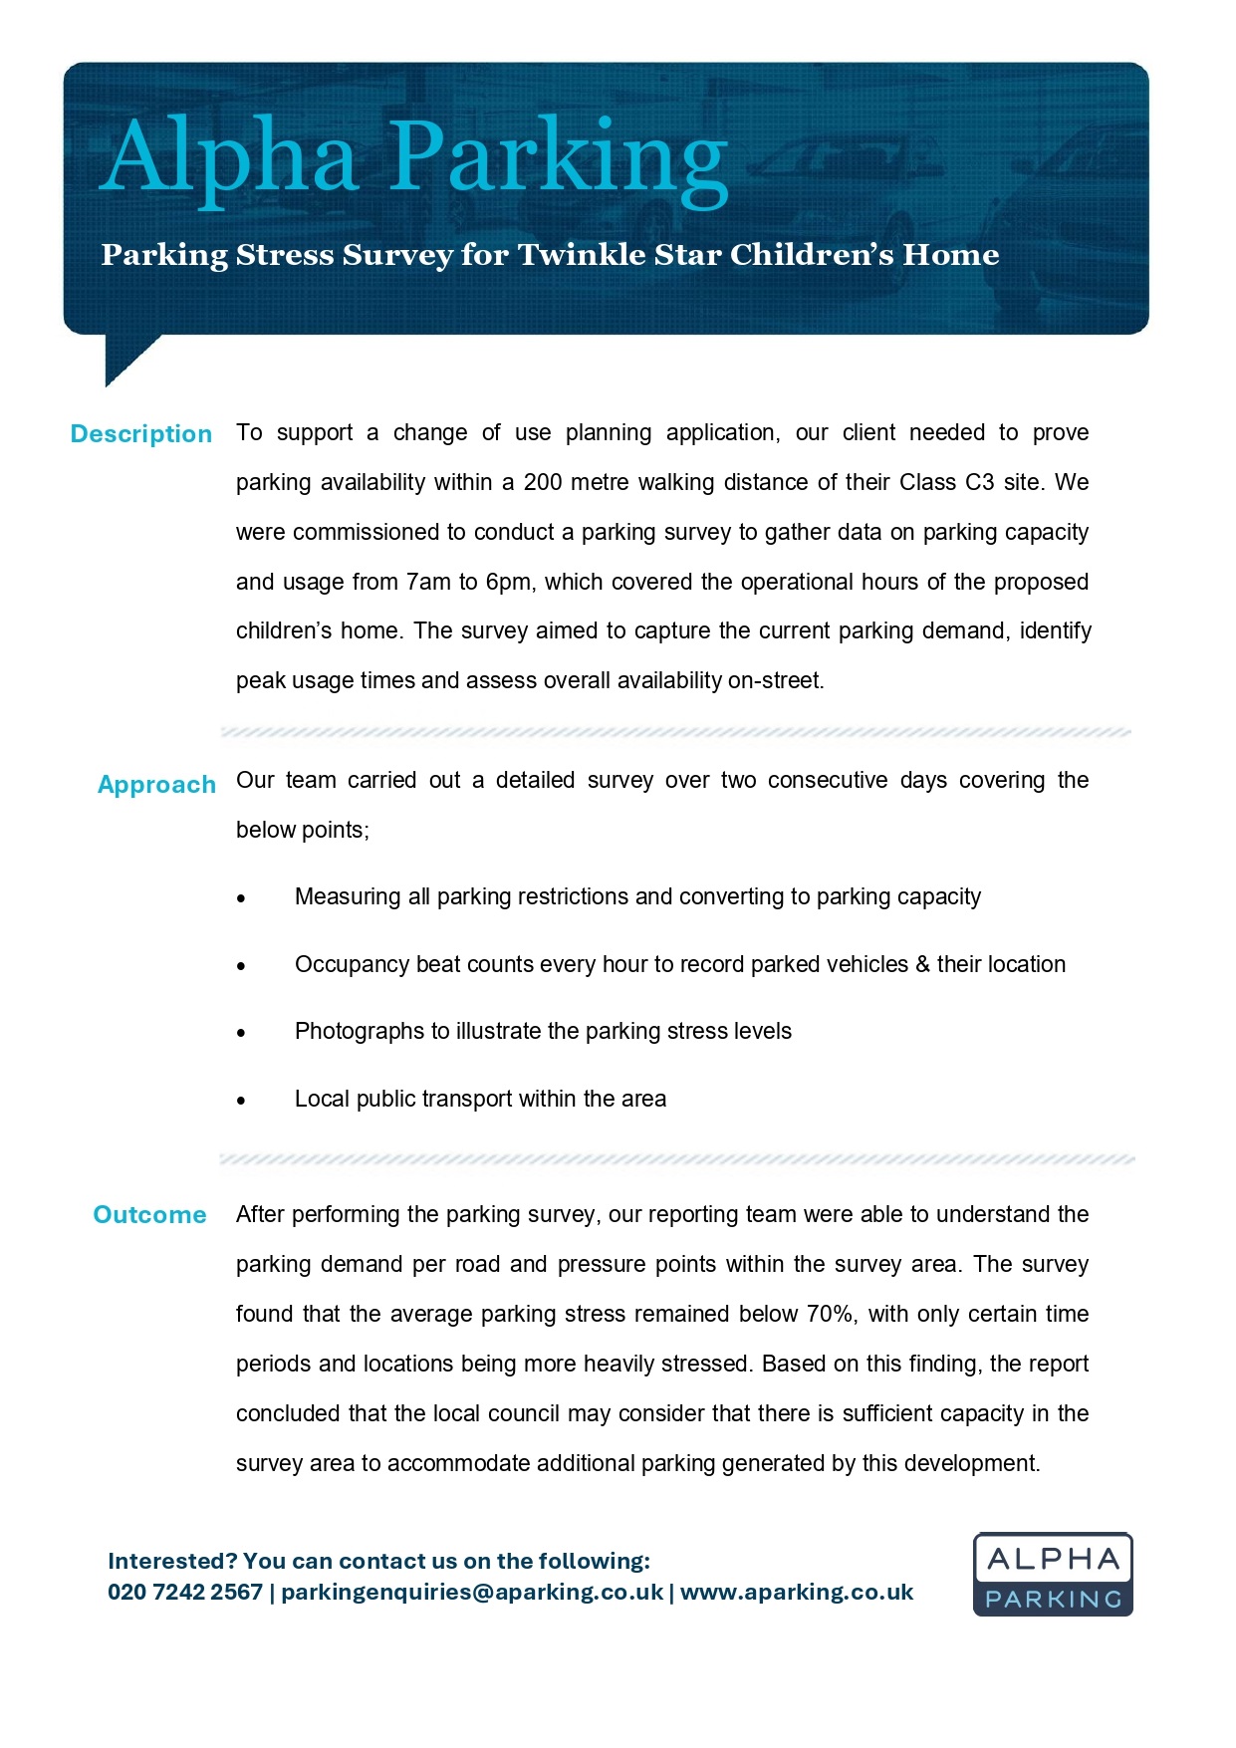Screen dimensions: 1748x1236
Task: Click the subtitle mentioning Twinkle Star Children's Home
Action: [x=550, y=255]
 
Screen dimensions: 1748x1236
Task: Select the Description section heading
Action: [x=141, y=434]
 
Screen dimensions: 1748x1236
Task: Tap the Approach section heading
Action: [x=156, y=785]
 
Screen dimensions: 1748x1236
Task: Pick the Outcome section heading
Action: [x=149, y=1215]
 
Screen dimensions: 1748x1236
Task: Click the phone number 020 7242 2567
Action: [x=185, y=1592]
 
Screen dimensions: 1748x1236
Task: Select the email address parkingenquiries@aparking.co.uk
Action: [x=472, y=1592]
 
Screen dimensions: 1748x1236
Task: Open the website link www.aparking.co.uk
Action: [x=797, y=1592]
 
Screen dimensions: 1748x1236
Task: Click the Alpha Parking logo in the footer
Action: [x=1053, y=1575]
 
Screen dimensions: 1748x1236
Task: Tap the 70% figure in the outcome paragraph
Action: [x=830, y=1315]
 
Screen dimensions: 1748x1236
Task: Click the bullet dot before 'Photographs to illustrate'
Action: [x=241, y=1034]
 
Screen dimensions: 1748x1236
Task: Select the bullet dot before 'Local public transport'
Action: [x=241, y=1102]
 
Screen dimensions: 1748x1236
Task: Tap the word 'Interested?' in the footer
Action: [x=172, y=1561]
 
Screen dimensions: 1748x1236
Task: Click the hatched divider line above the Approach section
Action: [x=675, y=732]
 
